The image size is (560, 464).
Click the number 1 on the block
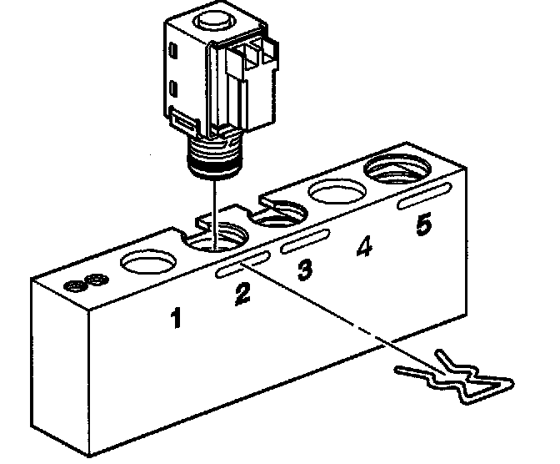(176, 318)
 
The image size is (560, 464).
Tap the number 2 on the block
(242, 294)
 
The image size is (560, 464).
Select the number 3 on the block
(306, 269)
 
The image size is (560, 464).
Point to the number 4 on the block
(363, 248)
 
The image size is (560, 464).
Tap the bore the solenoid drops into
(215, 240)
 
